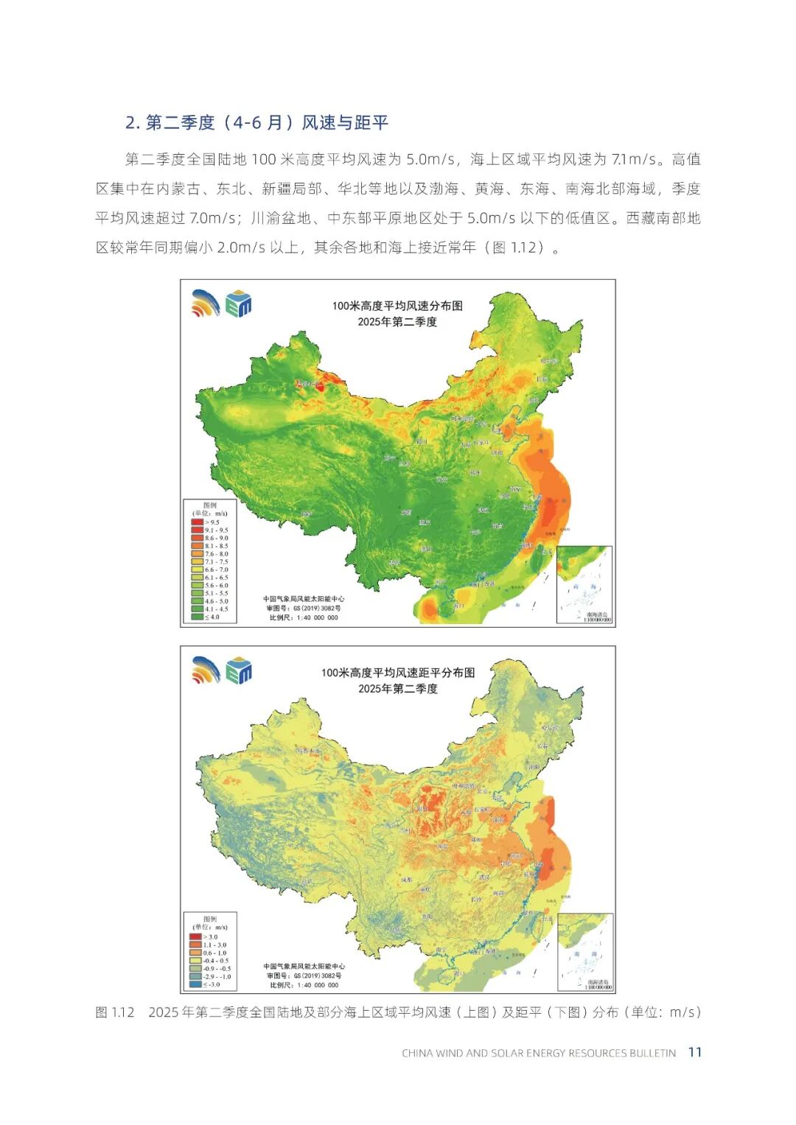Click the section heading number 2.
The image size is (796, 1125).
(x=133, y=123)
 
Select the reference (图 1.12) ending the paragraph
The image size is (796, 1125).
(x=514, y=248)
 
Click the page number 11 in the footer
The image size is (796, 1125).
(x=694, y=1052)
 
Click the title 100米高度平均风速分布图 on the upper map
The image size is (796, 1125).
(x=397, y=306)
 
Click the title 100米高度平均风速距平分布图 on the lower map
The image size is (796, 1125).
(x=397, y=673)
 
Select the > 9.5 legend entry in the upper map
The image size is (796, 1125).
(x=209, y=522)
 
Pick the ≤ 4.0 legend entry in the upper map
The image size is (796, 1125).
(x=209, y=617)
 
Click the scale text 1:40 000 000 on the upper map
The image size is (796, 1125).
(x=304, y=617)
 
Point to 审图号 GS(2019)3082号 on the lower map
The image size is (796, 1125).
(x=304, y=975)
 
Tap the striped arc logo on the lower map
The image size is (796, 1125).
(x=206, y=670)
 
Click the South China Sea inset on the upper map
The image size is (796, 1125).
(x=584, y=584)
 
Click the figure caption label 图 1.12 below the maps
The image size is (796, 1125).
(x=116, y=1012)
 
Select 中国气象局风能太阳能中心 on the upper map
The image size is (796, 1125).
(x=304, y=599)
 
